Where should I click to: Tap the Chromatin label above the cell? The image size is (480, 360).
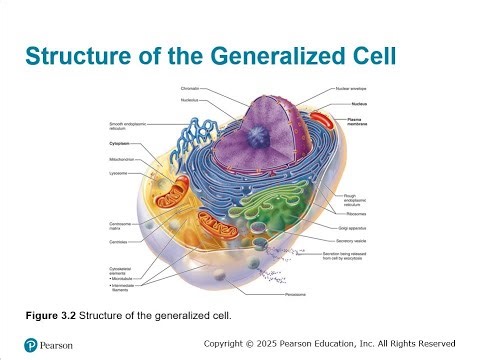pyautogui.click(x=190, y=91)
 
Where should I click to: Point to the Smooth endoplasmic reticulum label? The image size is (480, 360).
pyautogui.click(x=126, y=127)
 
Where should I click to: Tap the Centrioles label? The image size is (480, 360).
pyautogui.click(x=120, y=240)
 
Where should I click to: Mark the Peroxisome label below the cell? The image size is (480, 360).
pyautogui.click(x=322, y=297)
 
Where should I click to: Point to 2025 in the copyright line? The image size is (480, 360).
pyautogui.click(x=281, y=343)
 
